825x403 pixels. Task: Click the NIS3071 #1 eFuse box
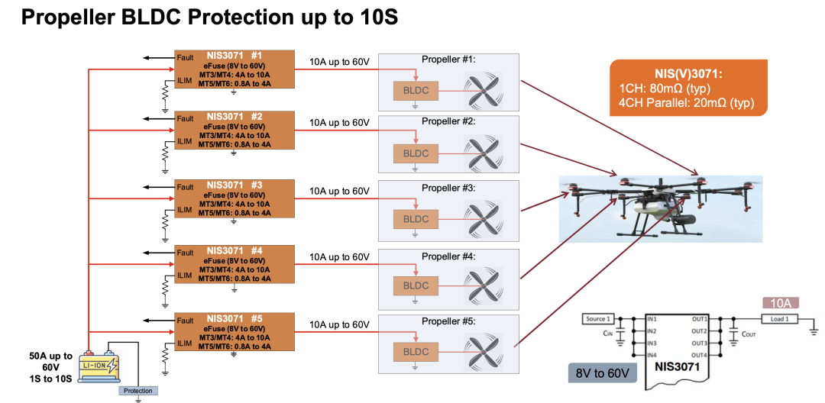(x=234, y=69)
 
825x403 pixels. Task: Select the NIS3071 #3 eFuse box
(x=234, y=198)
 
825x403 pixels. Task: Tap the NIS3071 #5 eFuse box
(x=234, y=332)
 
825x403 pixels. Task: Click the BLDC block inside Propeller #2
(x=416, y=153)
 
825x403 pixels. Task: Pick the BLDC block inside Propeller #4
(x=416, y=285)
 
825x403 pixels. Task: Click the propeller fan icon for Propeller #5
(x=482, y=352)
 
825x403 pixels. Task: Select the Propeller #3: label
(x=448, y=188)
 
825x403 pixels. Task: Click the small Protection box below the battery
(x=138, y=391)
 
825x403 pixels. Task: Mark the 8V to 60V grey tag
(x=602, y=374)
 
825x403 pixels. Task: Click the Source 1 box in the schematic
(x=597, y=318)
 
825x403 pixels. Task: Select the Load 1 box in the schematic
(x=780, y=318)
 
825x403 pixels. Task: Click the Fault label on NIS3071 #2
(x=185, y=118)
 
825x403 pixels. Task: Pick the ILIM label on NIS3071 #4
(x=184, y=276)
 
